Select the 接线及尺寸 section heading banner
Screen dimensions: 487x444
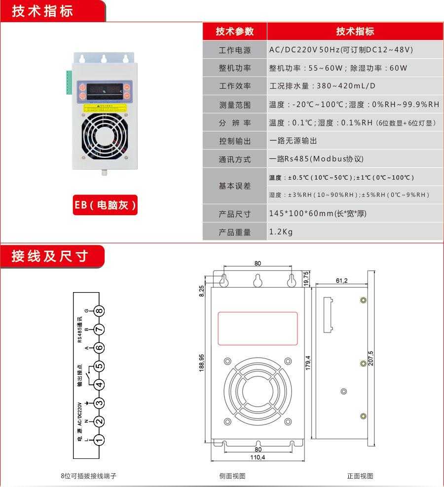point(49,256)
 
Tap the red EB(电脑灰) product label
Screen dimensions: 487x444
point(105,205)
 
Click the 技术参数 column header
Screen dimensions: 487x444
point(235,32)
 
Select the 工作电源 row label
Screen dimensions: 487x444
point(235,50)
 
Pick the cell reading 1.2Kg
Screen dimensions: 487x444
point(281,232)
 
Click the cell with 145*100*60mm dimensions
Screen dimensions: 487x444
point(318,214)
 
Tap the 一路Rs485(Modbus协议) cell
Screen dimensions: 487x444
point(316,159)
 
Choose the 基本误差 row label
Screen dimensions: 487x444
point(235,186)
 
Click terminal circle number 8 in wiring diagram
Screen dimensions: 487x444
point(99,311)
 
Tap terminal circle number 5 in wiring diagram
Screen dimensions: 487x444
point(99,366)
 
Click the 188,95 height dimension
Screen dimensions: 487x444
point(202,364)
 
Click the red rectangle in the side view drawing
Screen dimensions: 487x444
point(258,328)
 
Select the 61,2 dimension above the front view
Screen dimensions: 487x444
point(341,280)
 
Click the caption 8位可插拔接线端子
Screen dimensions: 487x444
point(89,476)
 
